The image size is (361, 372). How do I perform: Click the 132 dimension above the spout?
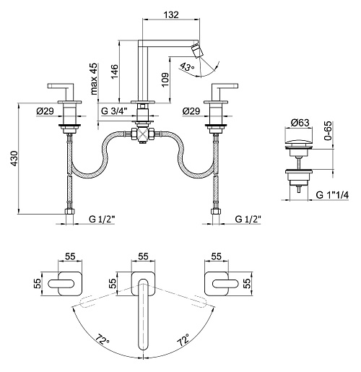pos(171,14)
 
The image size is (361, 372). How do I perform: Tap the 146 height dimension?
pos(115,72)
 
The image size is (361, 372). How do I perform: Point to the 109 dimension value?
pos(165,80)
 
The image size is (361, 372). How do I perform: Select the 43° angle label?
pos(187,66)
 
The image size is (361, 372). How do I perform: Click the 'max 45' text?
pos(94,79)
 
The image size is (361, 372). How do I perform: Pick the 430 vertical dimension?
pos(14,158)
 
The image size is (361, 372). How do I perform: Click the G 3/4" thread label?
pos(114,111)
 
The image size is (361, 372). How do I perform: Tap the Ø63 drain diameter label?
pos(300,123)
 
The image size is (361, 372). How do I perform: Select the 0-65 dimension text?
pos(328,131)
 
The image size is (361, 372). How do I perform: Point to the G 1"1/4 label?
pos(332,195)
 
